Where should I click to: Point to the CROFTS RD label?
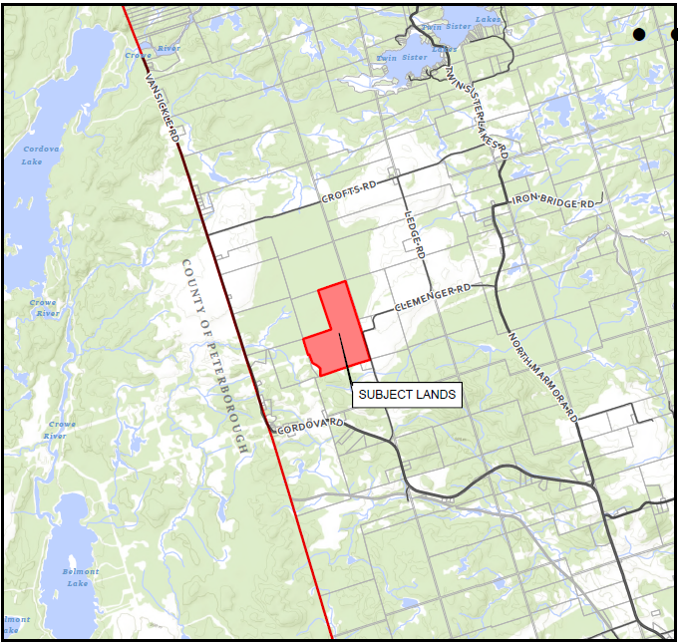click(x=349, y=191)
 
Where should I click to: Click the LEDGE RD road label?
click(x=415, y=235)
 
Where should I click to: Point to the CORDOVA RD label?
click(x=310, y=426)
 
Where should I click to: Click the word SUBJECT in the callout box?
click(x=381, y=395)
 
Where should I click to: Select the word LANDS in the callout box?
click(x=433, y=395)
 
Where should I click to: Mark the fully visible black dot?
click(x=639, y=34)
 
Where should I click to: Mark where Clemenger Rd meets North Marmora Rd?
click(x=496, y=286)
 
